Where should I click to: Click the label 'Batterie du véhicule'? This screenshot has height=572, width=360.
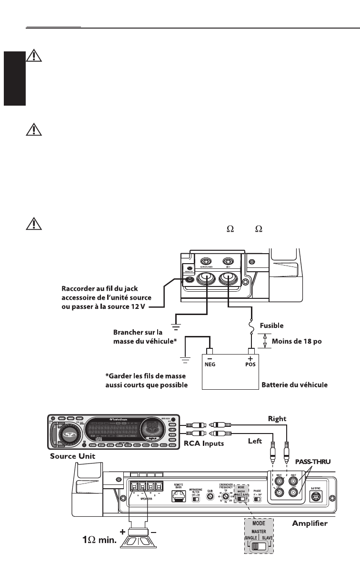pyautogui.click(x=295, y=385)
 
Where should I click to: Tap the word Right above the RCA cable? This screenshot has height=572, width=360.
pyautogui.click(x=277, y=419)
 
